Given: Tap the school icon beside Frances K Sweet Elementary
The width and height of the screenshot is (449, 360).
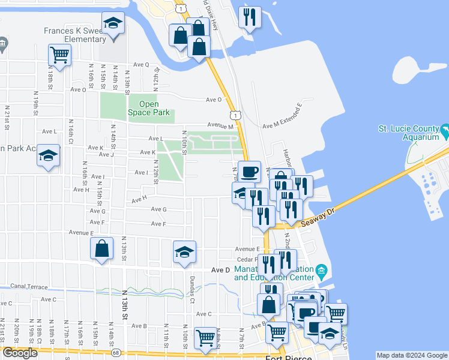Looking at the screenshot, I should click(112, 24).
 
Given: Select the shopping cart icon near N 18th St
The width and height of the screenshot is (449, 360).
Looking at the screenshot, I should click(59, 55).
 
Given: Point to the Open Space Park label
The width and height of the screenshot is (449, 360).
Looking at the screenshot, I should click(149, 108).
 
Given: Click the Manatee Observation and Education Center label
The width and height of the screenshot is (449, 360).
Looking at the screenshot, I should click(274, 274).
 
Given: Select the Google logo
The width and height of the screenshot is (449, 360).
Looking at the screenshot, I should click(20, 353).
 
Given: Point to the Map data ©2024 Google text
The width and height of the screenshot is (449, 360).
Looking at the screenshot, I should click(411, 355).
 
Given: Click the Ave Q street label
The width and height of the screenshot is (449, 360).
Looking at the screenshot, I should click(142, 64).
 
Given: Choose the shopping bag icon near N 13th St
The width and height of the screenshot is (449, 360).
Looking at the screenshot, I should click(102, 249).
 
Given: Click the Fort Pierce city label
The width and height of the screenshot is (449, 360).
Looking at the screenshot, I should click(288, 358).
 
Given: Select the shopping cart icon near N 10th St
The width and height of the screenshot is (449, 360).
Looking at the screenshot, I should click(205, 338).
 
